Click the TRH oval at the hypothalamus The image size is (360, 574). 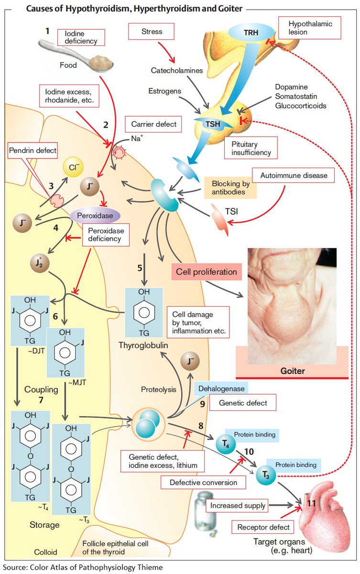point(251,33)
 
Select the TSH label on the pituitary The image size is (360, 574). point(213,124)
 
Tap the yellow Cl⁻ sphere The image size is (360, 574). point(74,167)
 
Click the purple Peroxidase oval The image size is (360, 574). point(95,216)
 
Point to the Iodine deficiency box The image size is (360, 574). point(81,37)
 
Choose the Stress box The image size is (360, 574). point(152,32)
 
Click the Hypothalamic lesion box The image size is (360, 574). point(310,28)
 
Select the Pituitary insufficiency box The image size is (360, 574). point(251,148)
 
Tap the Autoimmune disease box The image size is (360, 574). point(294,175)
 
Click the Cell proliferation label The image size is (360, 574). point(207,272)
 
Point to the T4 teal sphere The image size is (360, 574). point(225,443)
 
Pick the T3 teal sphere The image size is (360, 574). point(266,475)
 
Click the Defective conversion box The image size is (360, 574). point(203,483)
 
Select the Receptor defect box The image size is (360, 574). point(262,527)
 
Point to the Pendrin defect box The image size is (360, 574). point(33,150)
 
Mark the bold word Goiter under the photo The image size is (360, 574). point(293,371)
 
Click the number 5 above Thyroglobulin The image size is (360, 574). point(140,268)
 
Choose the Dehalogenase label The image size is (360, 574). point(221,388)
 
